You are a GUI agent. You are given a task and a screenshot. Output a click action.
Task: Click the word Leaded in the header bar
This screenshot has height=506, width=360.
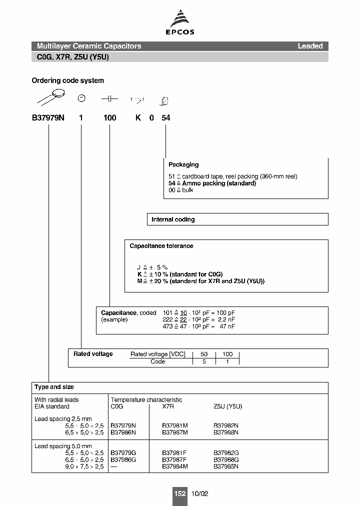pos(310,46)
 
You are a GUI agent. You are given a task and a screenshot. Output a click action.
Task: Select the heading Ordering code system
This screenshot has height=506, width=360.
pos(67,80)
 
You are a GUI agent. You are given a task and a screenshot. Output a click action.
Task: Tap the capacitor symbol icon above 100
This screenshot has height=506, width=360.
pos(109,99)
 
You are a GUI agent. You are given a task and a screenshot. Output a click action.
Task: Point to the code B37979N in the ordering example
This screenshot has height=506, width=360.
pos(48,117)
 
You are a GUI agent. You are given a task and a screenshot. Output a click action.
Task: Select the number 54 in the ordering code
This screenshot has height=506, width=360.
pos(165,117)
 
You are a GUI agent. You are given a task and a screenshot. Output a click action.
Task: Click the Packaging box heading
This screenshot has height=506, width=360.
pos(183,164)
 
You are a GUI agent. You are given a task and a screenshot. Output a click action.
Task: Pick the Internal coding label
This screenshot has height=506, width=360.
pos(173,219)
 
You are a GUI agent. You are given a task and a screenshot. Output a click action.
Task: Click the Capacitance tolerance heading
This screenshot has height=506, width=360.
pos(161,246)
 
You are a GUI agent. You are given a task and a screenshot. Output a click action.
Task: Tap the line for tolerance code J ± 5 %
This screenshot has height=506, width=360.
pos(152,267)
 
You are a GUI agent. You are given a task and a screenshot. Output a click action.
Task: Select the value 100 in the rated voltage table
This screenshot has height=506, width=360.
pos(227,354)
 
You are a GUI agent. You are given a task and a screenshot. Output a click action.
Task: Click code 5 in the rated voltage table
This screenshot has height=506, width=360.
pos(203,361)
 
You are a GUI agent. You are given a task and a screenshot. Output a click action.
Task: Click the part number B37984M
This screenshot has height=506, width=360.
pos(175,466)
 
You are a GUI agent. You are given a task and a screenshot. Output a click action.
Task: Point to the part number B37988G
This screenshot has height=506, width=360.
pos(226,459)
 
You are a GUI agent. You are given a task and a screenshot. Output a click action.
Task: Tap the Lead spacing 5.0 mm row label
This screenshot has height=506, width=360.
pos(63,446)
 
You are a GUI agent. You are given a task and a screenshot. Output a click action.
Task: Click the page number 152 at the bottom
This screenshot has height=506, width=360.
pos(179,493)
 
